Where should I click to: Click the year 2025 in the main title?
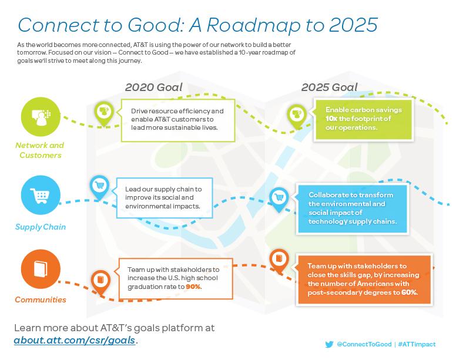[x=353, y=25]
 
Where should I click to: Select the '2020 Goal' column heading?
[x=153, y=88]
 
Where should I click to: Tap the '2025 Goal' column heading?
[x=329, y=88]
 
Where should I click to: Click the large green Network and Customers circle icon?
[x=41, y=117]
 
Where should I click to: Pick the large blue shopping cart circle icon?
[x=41, y=195]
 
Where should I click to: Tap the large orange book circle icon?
[x=41, y=269]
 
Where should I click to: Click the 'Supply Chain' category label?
[x=41, y=227]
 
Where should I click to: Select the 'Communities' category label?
[x=41, y=300]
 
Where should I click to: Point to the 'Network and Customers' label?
[x=40, y=150]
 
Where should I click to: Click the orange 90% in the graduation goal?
[x=193, y=287]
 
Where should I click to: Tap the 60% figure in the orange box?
[x=409, y=292]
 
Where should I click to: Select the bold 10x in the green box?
[x=331, y=119]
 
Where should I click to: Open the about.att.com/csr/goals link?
[x=75, y=340]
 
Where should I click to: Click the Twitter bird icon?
[x=329, y=345]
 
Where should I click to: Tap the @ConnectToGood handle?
[x=364, y=344]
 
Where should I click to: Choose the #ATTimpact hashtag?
[x=417, y=344]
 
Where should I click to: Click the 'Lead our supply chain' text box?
[x=165, y=198]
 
